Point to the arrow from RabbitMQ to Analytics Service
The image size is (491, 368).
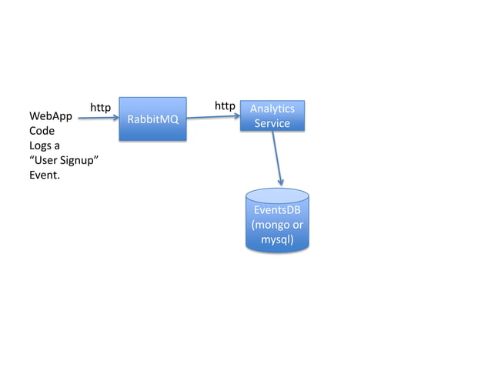coord(213,117)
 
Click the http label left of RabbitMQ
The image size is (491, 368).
coord(101,106)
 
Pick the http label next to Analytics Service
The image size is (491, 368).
coord(225,105)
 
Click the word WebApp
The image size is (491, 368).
coord(50,116)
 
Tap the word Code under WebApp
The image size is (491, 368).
coord(42,131)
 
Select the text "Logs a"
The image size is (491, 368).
coord(45,146)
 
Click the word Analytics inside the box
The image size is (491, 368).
coord(272,109)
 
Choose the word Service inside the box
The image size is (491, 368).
coord(272,123)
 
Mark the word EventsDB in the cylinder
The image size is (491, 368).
coord(277,211)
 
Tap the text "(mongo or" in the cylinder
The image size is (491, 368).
coord(277,225)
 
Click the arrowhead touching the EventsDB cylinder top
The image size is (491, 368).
coord(281,182)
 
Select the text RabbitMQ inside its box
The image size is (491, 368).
coord(152,119)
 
